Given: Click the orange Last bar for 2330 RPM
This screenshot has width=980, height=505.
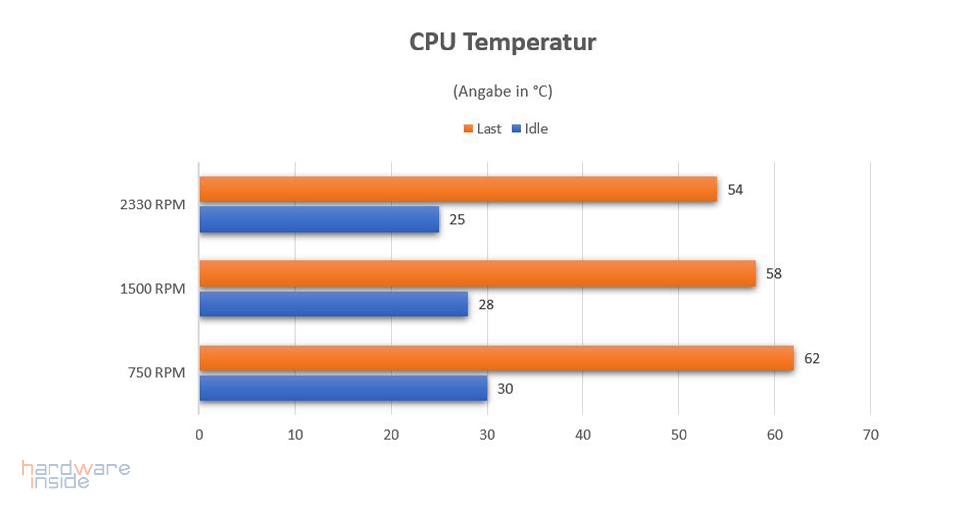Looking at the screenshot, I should [x=458, y=189].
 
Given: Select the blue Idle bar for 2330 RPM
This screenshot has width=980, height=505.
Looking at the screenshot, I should [x=319, y=219].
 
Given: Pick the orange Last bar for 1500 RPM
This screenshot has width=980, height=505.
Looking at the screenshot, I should [x=478, y=274].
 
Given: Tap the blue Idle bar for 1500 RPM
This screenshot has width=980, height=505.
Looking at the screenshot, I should [x=334, y=304].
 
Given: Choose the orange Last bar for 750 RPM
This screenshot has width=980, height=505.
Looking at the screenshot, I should [x=496, y=358].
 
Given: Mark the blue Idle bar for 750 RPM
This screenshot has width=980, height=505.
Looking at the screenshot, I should [x=343, y=388].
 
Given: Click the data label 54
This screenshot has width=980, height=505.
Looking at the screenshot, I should [x=735, y=190].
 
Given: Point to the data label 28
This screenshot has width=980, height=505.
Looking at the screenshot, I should [x=486, y=304].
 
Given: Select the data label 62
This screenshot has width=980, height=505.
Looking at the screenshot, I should [x=812, y=358].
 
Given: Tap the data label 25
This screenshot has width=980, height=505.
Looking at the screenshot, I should [x=457, y=220].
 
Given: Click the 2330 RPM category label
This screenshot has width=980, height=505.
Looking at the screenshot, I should [x=152, y=204].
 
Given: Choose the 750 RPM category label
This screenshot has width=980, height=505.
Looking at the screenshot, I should [x=156, y=372].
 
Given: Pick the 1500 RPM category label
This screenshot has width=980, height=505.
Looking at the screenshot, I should [x=152, y=289].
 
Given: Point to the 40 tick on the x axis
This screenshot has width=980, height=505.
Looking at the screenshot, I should [x=583, y=435].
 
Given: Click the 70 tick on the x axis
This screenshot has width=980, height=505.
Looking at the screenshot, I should [x=870, y=435].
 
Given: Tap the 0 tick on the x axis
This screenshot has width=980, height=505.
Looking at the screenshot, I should [x=199, y=435].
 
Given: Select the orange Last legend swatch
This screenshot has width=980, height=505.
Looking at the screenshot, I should [x=468, y=129].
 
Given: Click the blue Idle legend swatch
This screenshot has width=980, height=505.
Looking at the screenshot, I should [x=516, y=129].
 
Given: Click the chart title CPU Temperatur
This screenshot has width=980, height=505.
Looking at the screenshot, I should [x=502, y=42].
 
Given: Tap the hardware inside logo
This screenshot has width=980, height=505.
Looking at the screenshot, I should [x=75, y=475].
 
